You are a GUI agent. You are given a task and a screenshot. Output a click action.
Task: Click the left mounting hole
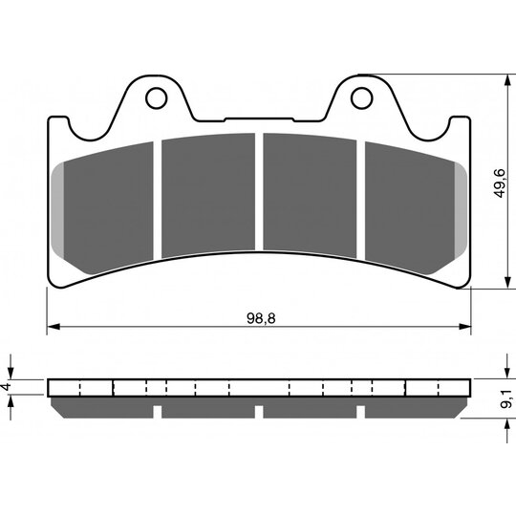[x=157, y=98]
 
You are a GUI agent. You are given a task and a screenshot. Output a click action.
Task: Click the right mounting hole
[x=361, y=98]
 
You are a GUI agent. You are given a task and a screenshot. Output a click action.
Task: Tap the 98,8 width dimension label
[x=261, y=318]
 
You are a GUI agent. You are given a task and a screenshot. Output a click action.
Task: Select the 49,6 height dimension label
[x=500, y=183]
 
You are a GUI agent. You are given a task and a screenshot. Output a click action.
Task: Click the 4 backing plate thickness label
[x=6, y=387]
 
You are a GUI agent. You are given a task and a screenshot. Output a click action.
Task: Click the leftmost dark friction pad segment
[x=109, y=208]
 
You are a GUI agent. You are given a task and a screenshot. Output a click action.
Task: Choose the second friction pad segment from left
[x=208, y=196]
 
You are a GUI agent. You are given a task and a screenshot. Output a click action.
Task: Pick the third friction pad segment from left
[x=310, y=196]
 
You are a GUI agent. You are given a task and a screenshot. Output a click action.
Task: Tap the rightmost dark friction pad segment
[x=410, y=208]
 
